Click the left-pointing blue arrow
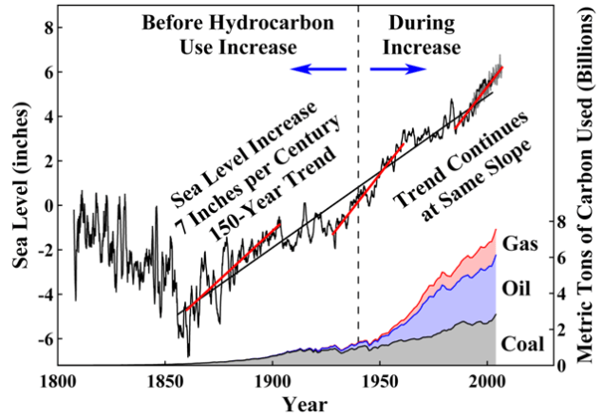pos(318,69)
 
